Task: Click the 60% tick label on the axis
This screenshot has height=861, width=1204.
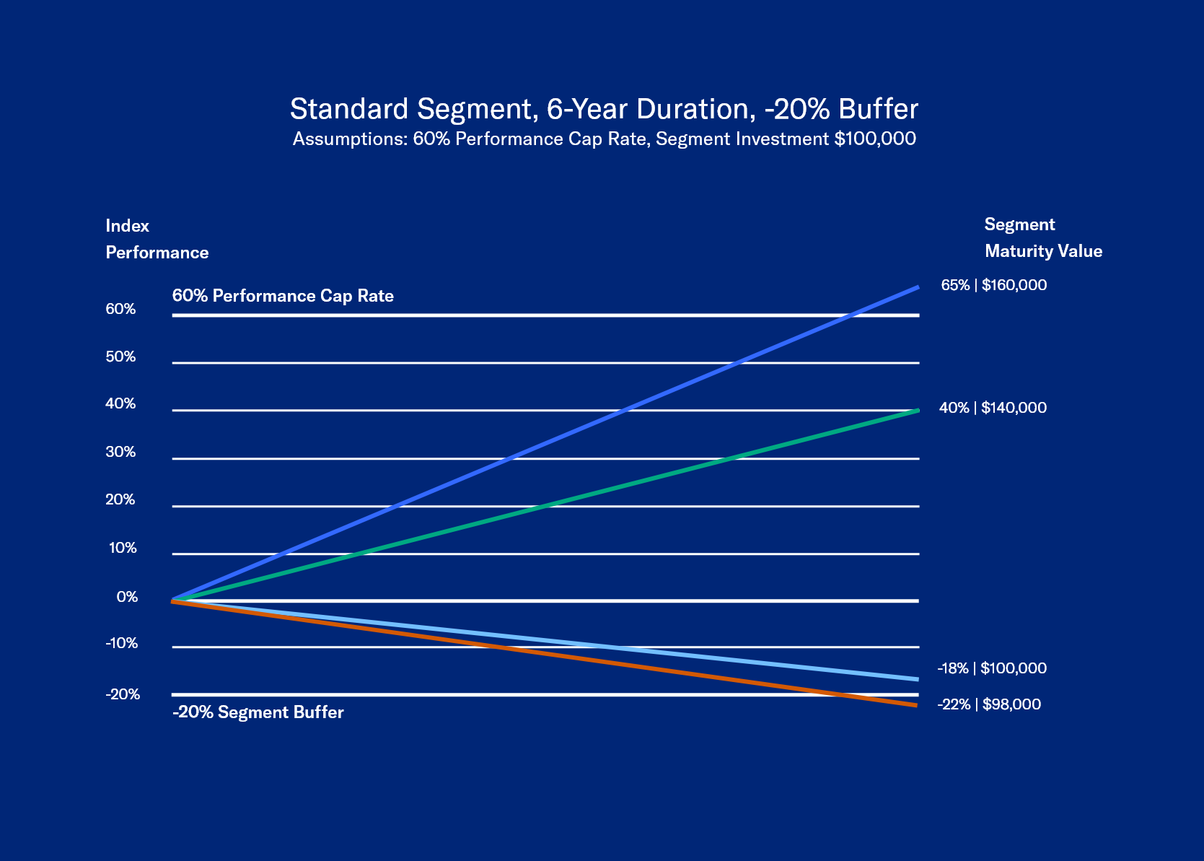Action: (x=120, y=309)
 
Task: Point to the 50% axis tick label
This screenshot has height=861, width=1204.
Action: (x=120, y=357)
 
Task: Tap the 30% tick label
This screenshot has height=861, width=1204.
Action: (x=120, y=452)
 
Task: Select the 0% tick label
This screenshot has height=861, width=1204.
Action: (x=127, y=597)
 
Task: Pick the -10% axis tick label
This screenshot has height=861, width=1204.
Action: (x=121, y=643)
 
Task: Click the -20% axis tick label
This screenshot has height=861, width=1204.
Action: (x=123, y=694)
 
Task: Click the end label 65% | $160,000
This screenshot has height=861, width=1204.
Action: (x=993, y=285)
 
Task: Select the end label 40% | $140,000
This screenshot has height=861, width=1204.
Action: (x=993, y=408)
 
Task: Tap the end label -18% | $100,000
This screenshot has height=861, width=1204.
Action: (x=992, y=668)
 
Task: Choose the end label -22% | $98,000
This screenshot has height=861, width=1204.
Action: (x=989, y=704)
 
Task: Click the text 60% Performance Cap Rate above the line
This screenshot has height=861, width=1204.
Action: (x=283, y=296)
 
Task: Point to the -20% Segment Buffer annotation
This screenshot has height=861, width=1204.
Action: (x=258, y=712)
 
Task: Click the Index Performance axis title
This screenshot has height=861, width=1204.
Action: (x=157, y=239)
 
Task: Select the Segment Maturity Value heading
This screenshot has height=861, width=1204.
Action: (x=1042, y=237)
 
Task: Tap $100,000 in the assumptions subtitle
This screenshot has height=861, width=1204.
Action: (x=875, y=139)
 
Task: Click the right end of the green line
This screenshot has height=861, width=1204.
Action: (x=918, y=411)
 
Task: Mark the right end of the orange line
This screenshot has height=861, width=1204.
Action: (x=916, y=705)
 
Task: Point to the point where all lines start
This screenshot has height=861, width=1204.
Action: (x=173, y=600)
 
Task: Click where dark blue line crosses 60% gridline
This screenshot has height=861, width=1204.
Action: (x=852, y=315)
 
